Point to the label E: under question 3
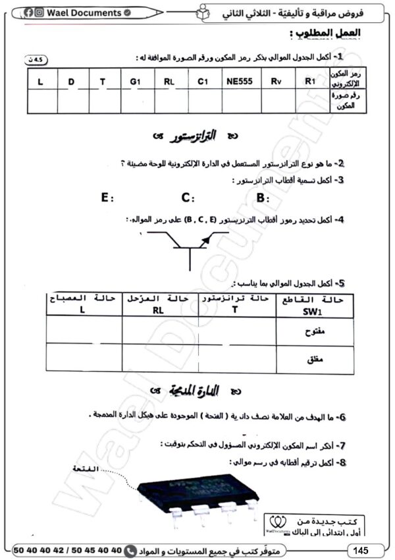(x=108, y=197)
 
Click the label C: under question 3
(x=188, y=197)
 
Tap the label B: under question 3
(x=263, y=197)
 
